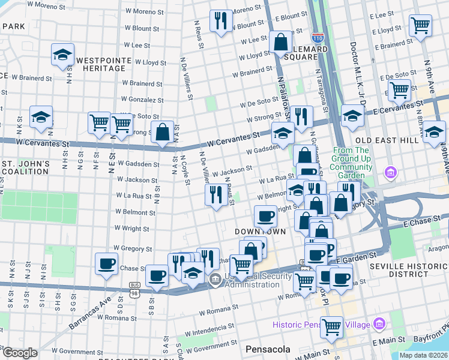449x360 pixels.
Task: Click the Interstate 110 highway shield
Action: [318, 38]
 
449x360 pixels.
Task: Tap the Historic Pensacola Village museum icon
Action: [379, 325]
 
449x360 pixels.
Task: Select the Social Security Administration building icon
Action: [214, 280]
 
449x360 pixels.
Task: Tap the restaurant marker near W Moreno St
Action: [221, 21]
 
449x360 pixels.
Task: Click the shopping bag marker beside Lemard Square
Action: [280, 42]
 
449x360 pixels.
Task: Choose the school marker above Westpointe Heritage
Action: [62, 55]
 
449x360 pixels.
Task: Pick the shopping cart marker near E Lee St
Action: [420, 25]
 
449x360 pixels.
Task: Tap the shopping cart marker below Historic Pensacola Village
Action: [331, 328]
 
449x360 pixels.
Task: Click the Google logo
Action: [20, 353]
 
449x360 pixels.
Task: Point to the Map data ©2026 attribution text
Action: [424, 355]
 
